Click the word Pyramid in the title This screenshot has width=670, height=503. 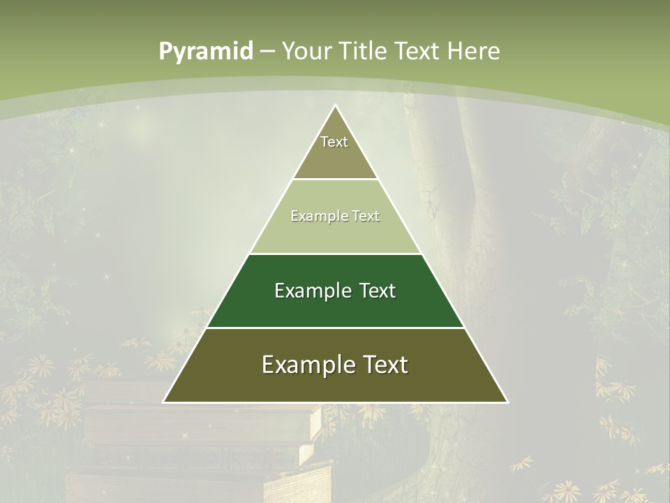pyautogui.click(x=206, y=52)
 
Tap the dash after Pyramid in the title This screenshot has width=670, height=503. pyautogui.click(x=268, y=52)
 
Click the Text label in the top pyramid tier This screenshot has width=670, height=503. pyautogui.click(x=334, y=142)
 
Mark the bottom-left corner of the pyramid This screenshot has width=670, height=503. pyautogui.click(x=163, y=402)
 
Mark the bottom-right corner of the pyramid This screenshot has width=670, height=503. pyautogui.click(x=507, y=402)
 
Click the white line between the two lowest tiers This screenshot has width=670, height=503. pyautogui.click(x=335, y=328)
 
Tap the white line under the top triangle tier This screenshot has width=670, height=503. pyautogui.click(x=335, y=180)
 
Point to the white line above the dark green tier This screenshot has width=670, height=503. pyautogui.click(x=335, y=254)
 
